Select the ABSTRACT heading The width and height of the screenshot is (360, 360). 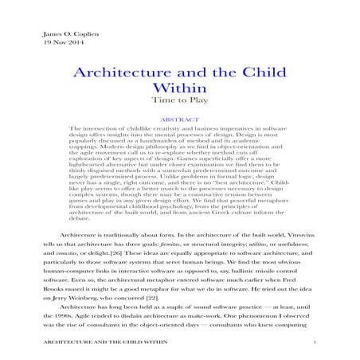click(179, 119)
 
